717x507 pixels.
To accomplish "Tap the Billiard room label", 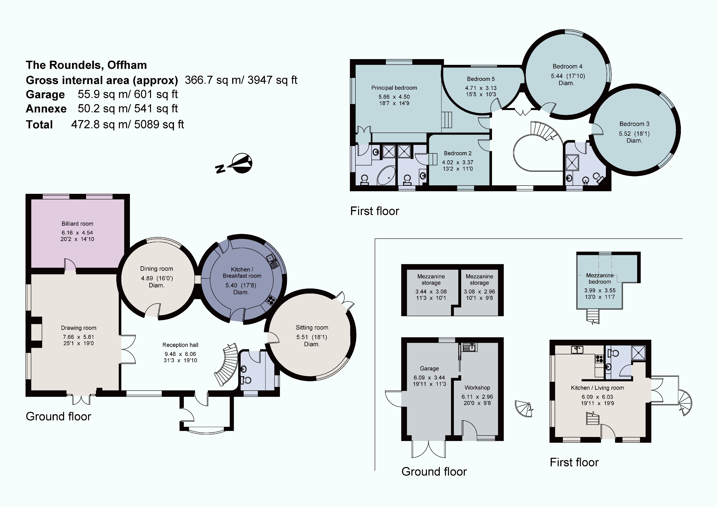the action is (x=77, y=224).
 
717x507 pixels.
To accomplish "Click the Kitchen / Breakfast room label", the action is (x=242, y=272).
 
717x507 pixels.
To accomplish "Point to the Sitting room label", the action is (x=312, y=327).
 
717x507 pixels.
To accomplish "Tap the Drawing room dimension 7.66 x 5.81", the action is (x=78, y=337).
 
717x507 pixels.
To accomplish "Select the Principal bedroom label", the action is (x=394, y=88).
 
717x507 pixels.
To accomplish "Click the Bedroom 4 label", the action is (x=567, y=66).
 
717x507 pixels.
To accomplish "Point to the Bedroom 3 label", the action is (x=634, y=124).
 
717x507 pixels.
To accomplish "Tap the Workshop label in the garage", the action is (x=477, y=387).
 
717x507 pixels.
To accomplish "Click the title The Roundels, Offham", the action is (x=86, y=65).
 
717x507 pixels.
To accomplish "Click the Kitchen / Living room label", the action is (x=597, y=388).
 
